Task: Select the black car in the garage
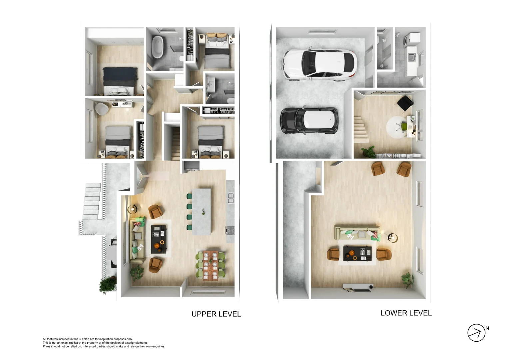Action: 309,120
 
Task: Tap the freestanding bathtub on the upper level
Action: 158,47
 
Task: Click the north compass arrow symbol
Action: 476,333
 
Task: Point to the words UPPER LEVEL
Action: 216,314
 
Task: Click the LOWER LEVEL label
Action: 406,313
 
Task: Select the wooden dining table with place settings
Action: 211,265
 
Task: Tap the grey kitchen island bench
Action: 201,211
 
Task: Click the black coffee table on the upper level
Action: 159,239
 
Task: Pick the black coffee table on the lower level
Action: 357,253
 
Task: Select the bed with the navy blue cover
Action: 120,81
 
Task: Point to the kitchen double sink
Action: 231,198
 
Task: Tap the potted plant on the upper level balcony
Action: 108,285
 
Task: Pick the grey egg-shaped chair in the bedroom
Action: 102,108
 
